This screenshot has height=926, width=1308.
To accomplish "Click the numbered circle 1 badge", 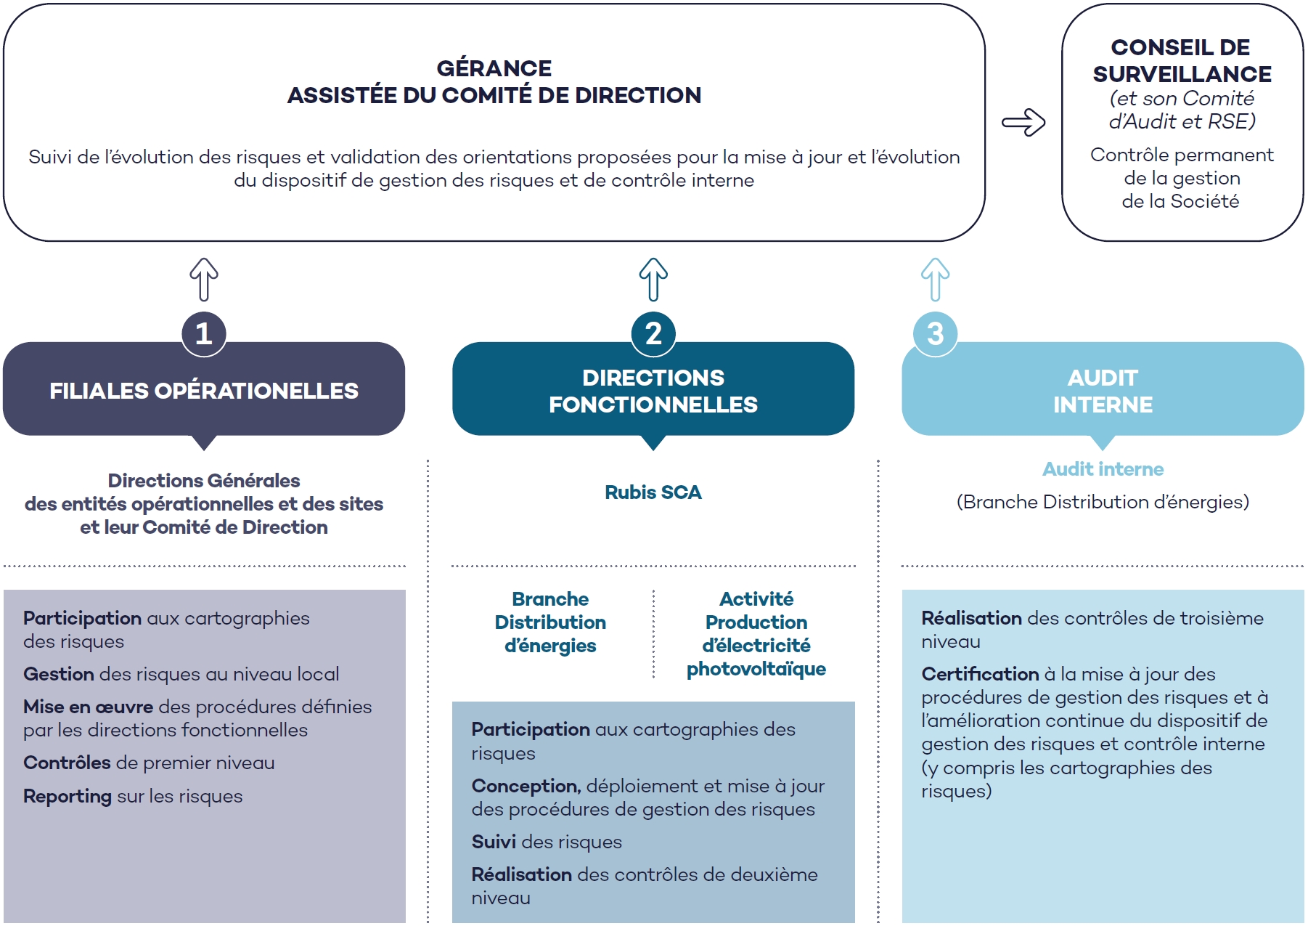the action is [x=204, y=333].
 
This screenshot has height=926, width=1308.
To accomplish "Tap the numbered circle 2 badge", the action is [x=653, y=333].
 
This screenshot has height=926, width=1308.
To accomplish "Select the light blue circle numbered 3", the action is [x=936, y=333].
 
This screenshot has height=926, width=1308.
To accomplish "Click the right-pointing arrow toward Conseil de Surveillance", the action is [x=1023, y=122].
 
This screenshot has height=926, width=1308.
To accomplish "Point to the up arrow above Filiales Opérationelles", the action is [x=204, y=280].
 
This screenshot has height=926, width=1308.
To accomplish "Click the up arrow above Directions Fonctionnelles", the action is [x=653, y=280].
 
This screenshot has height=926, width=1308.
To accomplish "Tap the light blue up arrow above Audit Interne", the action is [x=936, y=280].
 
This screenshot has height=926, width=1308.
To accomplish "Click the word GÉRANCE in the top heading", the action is [x=494, y=68].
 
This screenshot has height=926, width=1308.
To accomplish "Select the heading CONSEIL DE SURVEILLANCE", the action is [x=1182, y=60].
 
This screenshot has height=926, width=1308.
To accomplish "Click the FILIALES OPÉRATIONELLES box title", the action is [x=204, y=390].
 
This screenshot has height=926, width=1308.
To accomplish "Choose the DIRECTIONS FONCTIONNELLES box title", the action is [x=653, y=391].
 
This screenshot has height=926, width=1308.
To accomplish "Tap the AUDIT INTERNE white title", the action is [x=1103, y=391].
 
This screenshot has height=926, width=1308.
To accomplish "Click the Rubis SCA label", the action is [x=653, y=492].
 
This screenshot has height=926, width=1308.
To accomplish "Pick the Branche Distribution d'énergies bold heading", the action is [x=550, y=622].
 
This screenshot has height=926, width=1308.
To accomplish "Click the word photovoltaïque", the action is [x=756, y=669].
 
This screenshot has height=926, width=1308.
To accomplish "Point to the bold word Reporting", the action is [x=68, y=797].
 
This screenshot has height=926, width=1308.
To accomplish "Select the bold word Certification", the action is [x=980, y=674].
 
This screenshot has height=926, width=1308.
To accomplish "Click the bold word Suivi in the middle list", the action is [x=494, y=842].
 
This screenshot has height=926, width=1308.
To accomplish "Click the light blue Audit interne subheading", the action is [x=1103, y=469].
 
